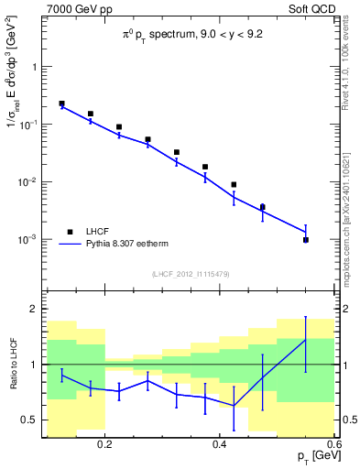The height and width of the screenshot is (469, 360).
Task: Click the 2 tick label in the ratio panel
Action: coord(35,309)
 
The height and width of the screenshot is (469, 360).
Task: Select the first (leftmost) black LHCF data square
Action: coord(61,104)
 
